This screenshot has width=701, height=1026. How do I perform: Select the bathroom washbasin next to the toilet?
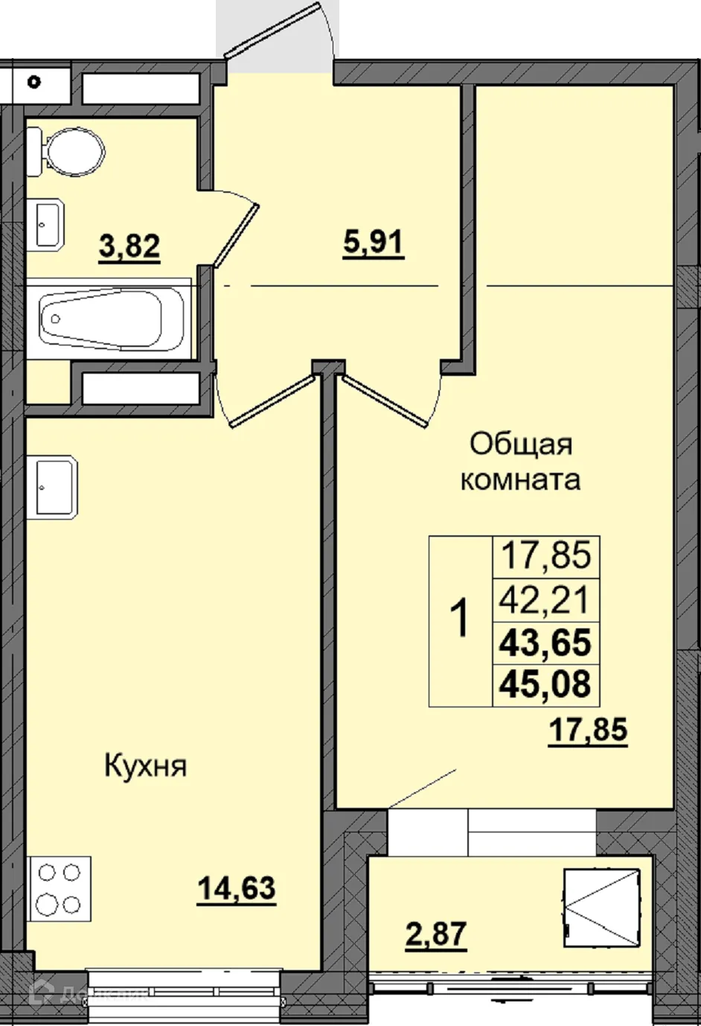pos(49,223)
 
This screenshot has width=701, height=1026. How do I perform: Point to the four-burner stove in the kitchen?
pos(59,888)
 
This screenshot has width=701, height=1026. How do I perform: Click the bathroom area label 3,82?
pos(129,245)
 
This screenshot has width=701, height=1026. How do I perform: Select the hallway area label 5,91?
pos(373,243)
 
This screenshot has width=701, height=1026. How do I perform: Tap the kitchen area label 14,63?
pos(237,888)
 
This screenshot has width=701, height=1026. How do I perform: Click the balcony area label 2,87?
pos(436,934)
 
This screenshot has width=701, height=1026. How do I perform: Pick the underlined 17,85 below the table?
pos(588,730)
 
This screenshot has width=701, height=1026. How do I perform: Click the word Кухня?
pos(145,766)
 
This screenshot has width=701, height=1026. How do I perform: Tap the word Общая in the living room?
pos(521,445)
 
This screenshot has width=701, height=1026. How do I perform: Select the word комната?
pos(520,479)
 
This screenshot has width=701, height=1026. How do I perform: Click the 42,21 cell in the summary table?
pos(545,599)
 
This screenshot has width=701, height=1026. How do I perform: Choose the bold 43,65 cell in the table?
pos(545,642)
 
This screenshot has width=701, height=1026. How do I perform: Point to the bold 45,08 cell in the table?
pos(545,684)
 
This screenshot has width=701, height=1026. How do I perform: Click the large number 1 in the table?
pos(461,620)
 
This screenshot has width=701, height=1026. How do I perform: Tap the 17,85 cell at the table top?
pos(545,555)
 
